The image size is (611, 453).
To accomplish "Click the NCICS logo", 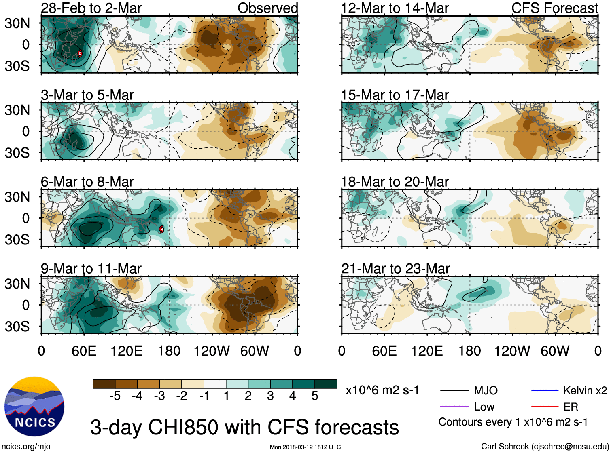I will point(34,407).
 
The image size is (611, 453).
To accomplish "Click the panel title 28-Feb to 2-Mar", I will point(91,8).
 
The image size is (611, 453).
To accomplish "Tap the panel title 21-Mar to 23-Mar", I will point(395,269).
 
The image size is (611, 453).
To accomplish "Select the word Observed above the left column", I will point(267,8).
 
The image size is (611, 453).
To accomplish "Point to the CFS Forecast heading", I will point(555,8).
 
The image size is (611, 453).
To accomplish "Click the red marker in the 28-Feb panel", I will point(80,53).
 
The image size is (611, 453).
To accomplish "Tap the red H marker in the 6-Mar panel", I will point(161,230).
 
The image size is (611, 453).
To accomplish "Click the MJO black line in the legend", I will point(454,390).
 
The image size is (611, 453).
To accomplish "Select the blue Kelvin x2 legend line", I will point(545,390).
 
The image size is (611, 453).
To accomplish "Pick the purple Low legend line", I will point(454,407).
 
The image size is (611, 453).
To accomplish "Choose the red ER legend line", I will point(545,407).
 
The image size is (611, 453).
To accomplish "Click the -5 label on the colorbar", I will point(115,396).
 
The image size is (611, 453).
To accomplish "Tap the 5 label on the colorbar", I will point(315,396).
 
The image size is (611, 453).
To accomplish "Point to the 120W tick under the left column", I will point(212,351).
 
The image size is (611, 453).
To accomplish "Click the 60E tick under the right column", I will point(384,351).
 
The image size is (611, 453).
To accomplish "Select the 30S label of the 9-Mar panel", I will point(17,327).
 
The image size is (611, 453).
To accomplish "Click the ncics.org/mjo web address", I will point(26,447).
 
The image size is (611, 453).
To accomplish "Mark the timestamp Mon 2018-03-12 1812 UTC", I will point(305,447).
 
